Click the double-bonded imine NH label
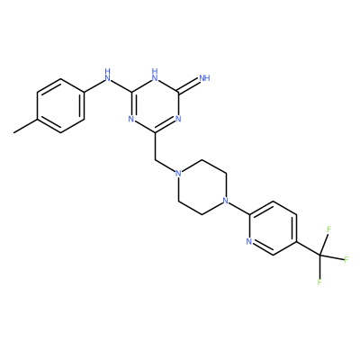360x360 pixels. pyautogui.click(x=204, y=78)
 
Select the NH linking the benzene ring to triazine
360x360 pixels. pyautogui.click(x=108, y=76)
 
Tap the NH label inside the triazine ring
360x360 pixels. pyautogui.click(x=155, y=76)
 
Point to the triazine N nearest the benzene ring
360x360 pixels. pyautogui.click(x=131, y=119)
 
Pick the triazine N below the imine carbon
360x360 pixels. pyautogui.click(x=178, y=119)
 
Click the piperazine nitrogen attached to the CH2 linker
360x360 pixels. pyautogui.click(x=178, y=174)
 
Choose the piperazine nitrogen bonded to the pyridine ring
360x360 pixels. pyautogui.click(x=226, y=201)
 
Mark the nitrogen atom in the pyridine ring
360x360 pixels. pyautogui.click(x=249, y=241)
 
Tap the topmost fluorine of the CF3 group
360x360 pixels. pyautogui.click(x=328, y=229)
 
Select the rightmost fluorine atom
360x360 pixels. pyautogui.click(x=346, y=259)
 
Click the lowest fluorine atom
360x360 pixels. pyautogui.click(x=319, y=282)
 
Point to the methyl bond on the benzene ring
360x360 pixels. pyautogui.click(x=25, y=126)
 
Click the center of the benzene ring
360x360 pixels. pyautogui.click(x=60, y=105)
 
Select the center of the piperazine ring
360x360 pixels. pyautogui.click(x=202, y=187)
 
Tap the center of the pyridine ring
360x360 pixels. pyautogui.click(x=273, y=228)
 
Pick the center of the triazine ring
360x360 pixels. pyautogui.click(x=155, y=105)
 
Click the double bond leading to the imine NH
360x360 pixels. pyautogui.click(x=189, y=85)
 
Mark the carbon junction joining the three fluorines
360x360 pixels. pyautogui.click(x=319, y=256)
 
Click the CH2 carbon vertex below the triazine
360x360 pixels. pyautogui.click(x=155, y=160)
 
